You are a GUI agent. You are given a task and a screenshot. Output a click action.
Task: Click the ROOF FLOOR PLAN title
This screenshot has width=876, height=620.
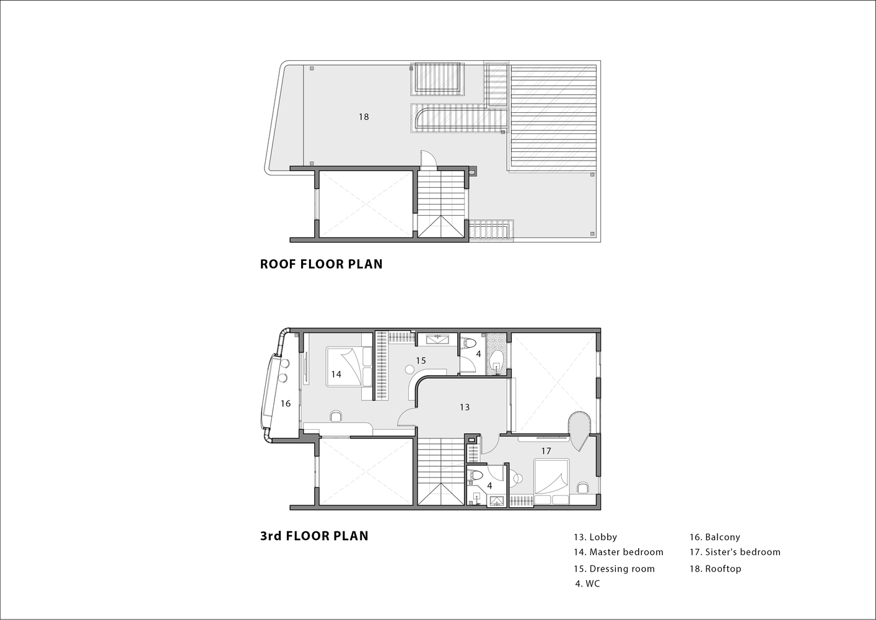(x=321, y=264)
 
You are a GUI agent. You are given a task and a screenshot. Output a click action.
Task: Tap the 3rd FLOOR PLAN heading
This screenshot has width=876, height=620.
(x=314, y=536)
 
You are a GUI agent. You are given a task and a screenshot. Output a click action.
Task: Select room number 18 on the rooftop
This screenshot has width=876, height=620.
(x=364, y=117)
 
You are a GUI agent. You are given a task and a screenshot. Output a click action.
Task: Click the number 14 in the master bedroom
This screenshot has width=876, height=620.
(x=336, y=374)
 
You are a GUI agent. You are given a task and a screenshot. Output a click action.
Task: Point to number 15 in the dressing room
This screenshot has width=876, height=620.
(x=421, y=360)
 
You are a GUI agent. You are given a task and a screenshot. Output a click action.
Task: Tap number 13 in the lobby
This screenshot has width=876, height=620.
(x=465, y=407)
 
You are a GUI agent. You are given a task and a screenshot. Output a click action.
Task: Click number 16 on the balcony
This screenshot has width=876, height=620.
(x=286, y=403)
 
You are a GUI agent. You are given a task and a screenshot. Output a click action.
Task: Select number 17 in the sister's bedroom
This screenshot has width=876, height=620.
(x=546, y=451)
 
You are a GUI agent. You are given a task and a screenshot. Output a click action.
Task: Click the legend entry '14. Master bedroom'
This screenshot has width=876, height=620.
(x=619, y=552)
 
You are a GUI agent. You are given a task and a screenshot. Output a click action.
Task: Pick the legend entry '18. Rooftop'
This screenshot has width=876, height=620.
(x=716, y=569)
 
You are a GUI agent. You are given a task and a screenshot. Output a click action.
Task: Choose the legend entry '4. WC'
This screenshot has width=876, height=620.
(x=587, y=583)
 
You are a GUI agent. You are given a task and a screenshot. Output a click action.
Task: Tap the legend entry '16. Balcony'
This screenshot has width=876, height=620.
(x=715, y=537)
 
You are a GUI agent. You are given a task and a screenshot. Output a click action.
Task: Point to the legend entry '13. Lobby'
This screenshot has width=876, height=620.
(x=595, y=537)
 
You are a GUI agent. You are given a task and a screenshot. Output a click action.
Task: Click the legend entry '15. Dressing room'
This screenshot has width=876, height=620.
(x=614, y=569)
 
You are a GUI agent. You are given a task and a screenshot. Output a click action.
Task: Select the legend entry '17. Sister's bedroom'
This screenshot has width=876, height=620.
(x=735, y=552)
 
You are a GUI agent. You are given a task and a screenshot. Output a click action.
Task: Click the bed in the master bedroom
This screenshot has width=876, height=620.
(x=349, y=367)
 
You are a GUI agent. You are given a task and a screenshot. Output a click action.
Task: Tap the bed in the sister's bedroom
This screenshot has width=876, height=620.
(x=551, y=482)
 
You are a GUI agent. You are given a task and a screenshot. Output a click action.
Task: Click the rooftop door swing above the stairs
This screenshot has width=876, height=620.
(x=428, y=160)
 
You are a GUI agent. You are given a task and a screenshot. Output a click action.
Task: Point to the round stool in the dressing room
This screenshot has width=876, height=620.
(x=410, y=369)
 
